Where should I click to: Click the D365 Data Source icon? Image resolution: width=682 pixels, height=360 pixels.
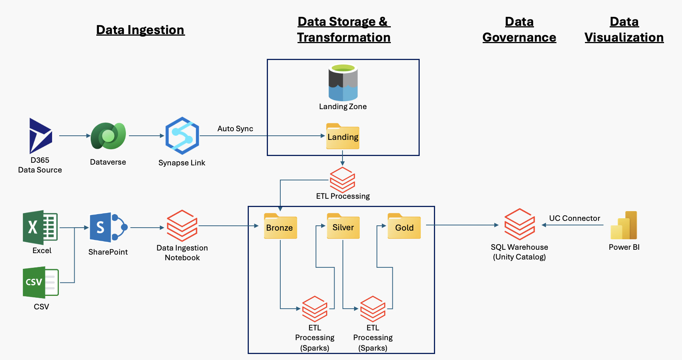40,135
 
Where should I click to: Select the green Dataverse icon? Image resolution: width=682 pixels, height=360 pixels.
108,136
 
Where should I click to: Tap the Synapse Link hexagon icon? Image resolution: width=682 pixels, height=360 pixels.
182,136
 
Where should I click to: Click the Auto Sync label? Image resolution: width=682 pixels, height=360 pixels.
235,129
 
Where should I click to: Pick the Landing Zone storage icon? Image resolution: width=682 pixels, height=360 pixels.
343,83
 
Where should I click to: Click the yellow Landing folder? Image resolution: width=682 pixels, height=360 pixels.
343,136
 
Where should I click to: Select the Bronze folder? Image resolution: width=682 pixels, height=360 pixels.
280,226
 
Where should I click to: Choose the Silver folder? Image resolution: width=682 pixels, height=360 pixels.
343,226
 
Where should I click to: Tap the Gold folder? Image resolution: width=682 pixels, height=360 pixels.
404,226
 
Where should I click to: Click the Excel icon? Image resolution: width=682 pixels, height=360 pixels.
40,227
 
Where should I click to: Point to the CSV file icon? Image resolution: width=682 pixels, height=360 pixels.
40,282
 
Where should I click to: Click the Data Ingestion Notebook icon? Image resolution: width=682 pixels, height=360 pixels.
182,225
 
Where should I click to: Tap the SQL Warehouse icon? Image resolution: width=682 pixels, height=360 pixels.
519,224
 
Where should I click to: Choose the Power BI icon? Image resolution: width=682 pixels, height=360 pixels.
624,225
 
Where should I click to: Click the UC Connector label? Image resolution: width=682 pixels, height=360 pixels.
574,218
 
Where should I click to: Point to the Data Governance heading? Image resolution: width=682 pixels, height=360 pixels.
519,30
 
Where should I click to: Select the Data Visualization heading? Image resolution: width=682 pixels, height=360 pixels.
624,30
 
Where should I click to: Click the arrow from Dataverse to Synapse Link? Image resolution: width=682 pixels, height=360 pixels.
147,136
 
